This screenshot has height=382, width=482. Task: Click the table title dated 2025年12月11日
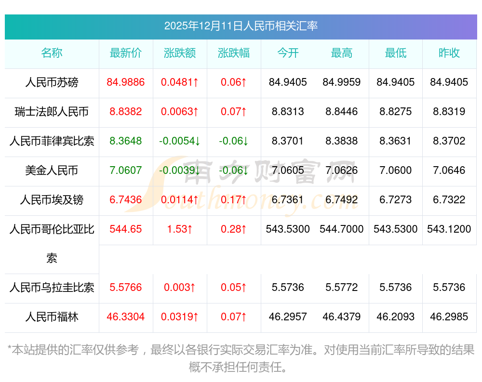[241, 26]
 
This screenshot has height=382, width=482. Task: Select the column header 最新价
[126, 53]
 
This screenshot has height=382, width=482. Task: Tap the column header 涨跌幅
[234, 53]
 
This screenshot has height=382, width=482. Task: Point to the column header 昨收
[449, 53]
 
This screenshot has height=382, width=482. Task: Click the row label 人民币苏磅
[52, 82]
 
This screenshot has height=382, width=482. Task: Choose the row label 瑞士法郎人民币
[52, 112]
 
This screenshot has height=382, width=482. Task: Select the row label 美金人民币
[52, 171]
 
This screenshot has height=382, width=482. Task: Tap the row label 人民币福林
[52, 317]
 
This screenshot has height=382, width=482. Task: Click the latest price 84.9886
[126, 82]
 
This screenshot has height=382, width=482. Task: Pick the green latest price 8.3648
[126, 141]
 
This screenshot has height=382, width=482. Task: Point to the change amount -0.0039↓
[180, 171]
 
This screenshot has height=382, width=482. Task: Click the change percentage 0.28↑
[234, 229]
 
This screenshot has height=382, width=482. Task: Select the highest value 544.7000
[342, 229]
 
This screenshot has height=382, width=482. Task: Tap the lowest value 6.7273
[396, 200]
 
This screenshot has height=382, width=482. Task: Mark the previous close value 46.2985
[449, 317]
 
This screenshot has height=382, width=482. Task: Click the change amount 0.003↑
[180, 288]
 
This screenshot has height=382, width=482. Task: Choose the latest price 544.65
[126, 229]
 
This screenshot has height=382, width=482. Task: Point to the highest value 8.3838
[342, 141]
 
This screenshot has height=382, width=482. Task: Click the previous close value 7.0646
[449, 171]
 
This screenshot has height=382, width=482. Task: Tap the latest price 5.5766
[126, 288]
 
